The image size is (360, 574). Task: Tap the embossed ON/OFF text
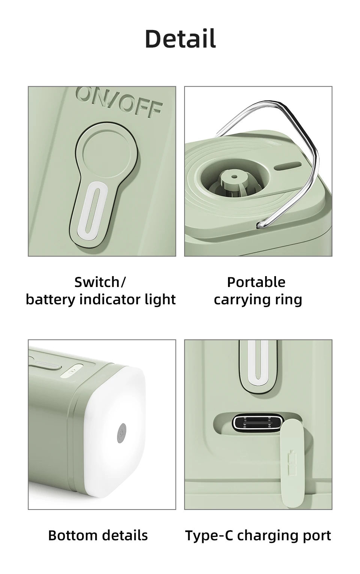pyautogui.click(x=120, y=103)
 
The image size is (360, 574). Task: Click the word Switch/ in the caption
pyautogui.click(x=100, y=282)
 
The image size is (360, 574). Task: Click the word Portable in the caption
pyautogui.click(x=256, y=282)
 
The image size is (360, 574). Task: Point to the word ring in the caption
pyautogui.click(x=289, y=300)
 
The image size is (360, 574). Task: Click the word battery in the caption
pyautogui.click(x=51, y=300)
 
